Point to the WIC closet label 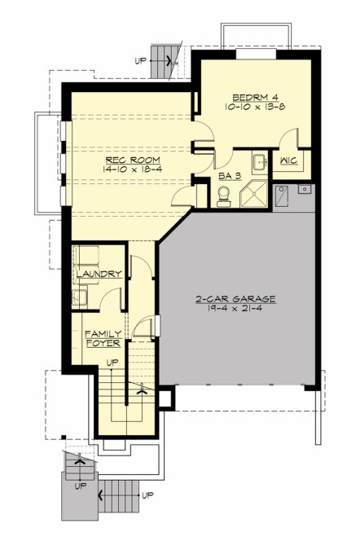pos(288,162)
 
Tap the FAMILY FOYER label pos(103,338)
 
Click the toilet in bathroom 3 pos(223,192)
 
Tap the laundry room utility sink pos(82,295)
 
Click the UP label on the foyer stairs pos(112,362)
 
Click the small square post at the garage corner pos(166,398)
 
